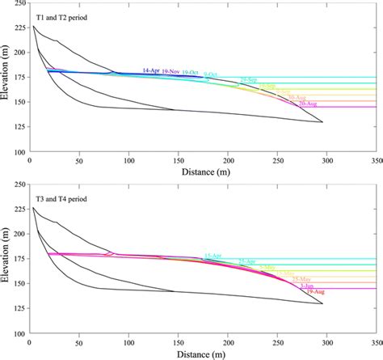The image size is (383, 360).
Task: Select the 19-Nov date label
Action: click(x=170, y=72)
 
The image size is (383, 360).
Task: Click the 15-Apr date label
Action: click(x=213, y=256)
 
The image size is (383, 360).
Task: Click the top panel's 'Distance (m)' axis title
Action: click(x=202, y=172)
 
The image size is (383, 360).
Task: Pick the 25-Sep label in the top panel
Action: click(x=249, y=79)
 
